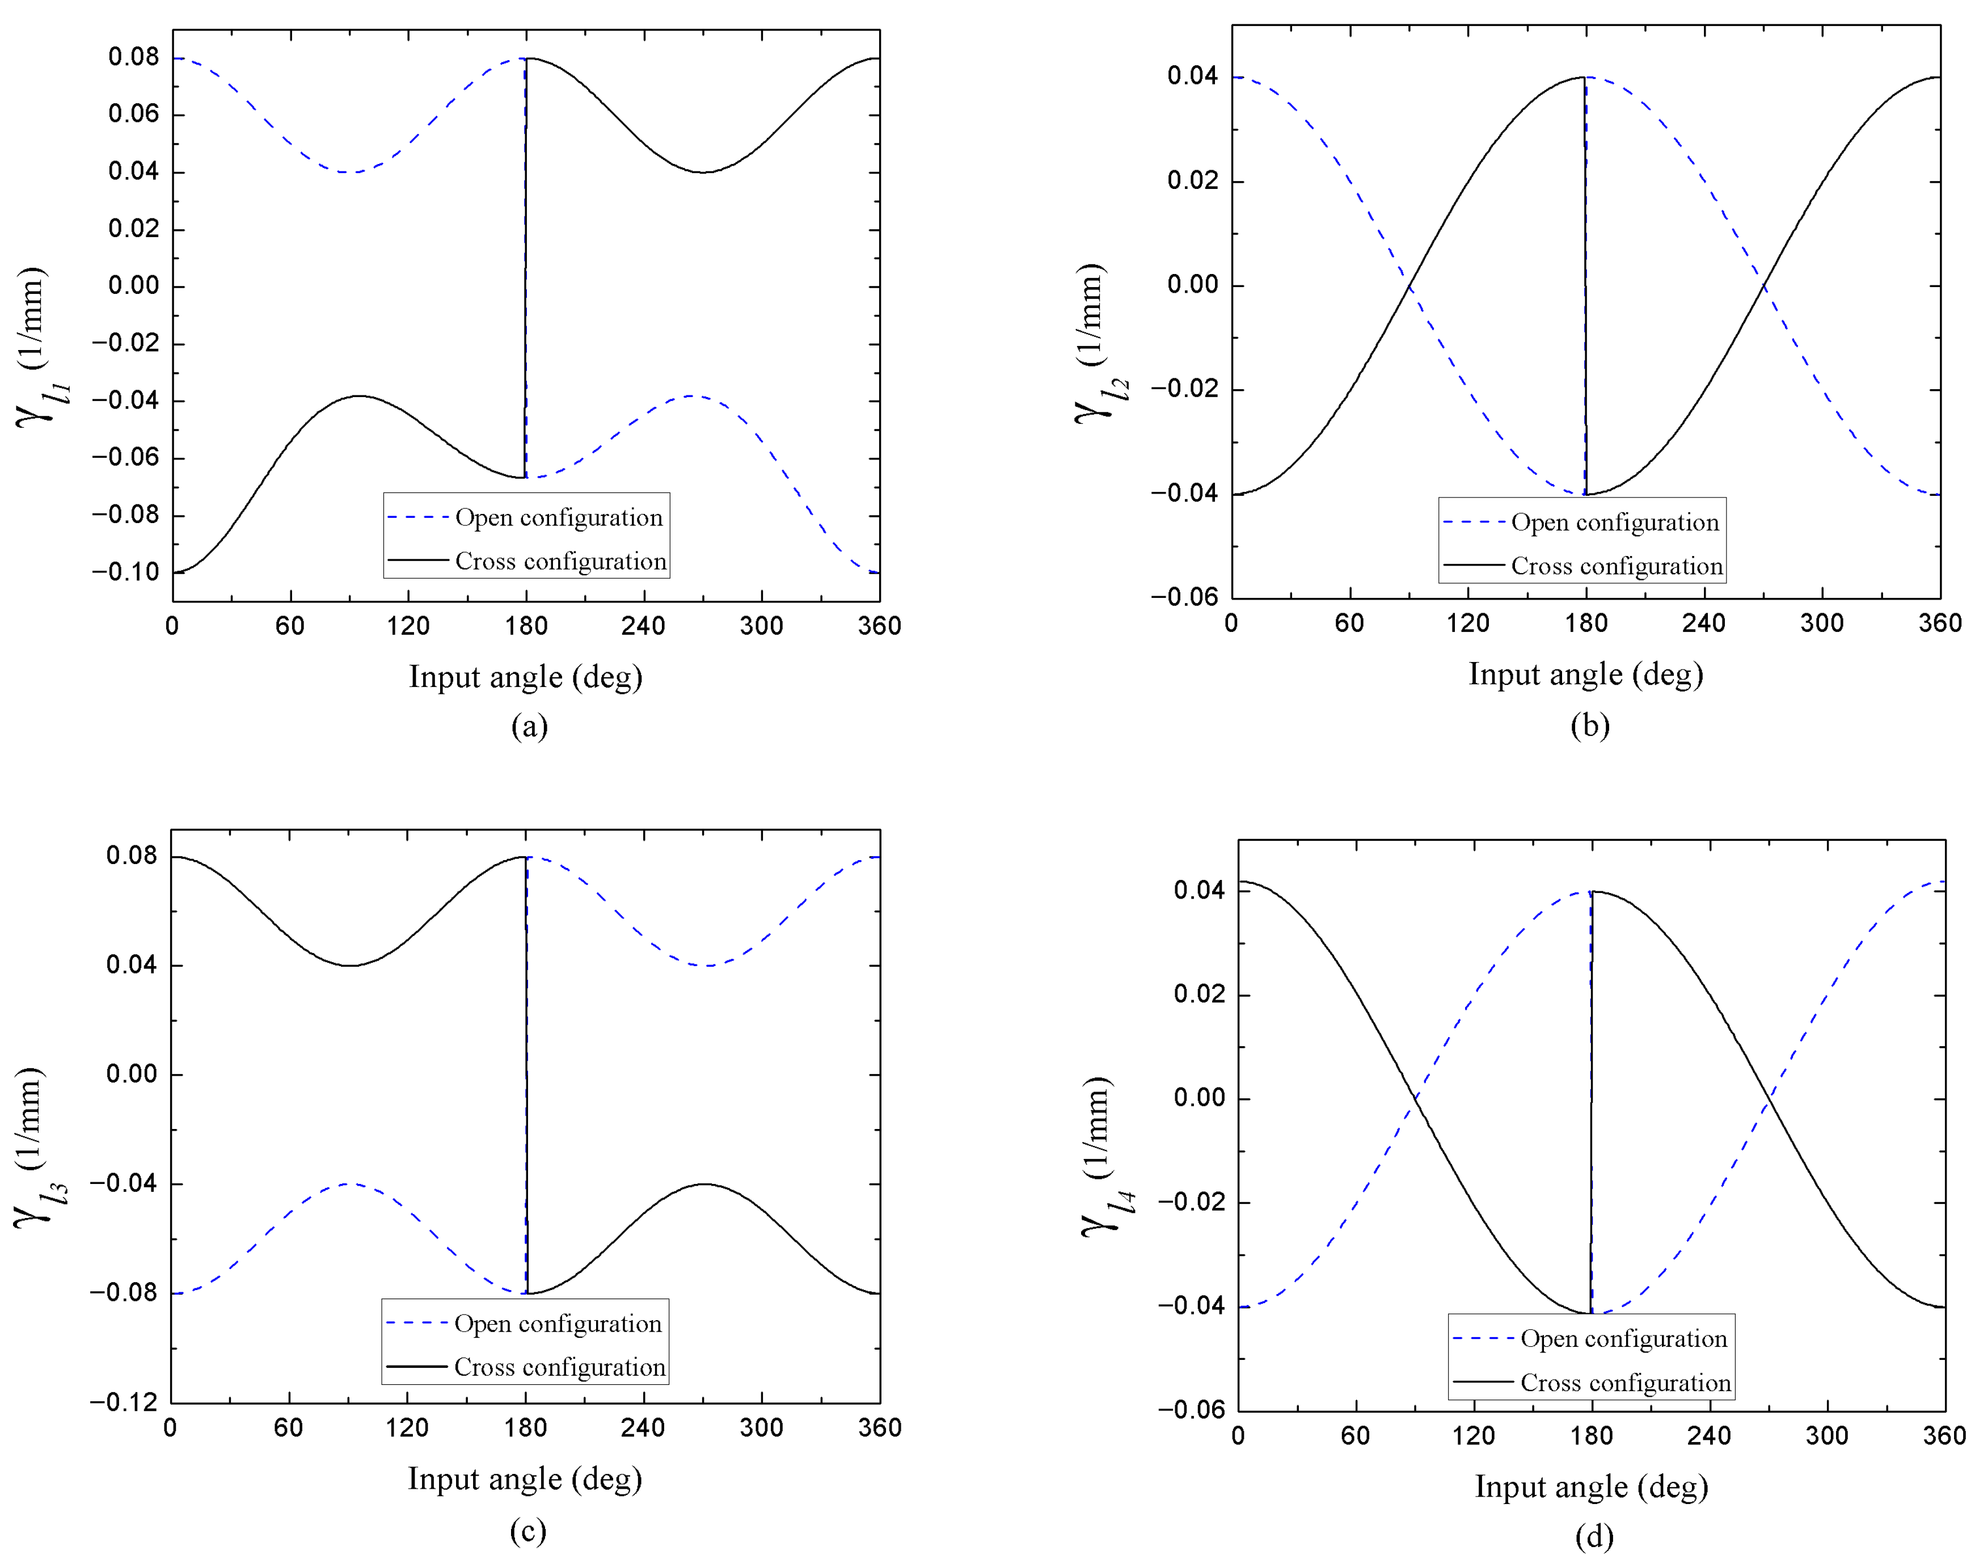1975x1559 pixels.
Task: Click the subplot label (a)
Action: point(529,727)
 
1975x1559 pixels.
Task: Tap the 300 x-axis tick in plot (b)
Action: point(1822,623)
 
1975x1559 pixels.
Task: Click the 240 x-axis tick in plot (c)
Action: point(643,1427)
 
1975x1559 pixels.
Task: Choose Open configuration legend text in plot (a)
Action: point(559,517)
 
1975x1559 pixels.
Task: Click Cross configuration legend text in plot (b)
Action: point(1617,566)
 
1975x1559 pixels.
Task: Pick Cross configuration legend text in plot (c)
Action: point(559,1367)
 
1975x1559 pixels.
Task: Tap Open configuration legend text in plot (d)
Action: point(1624,1339)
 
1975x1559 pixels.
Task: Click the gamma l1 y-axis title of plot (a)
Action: point(40,347)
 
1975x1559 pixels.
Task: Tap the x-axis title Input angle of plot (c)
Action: point(525,1478)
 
